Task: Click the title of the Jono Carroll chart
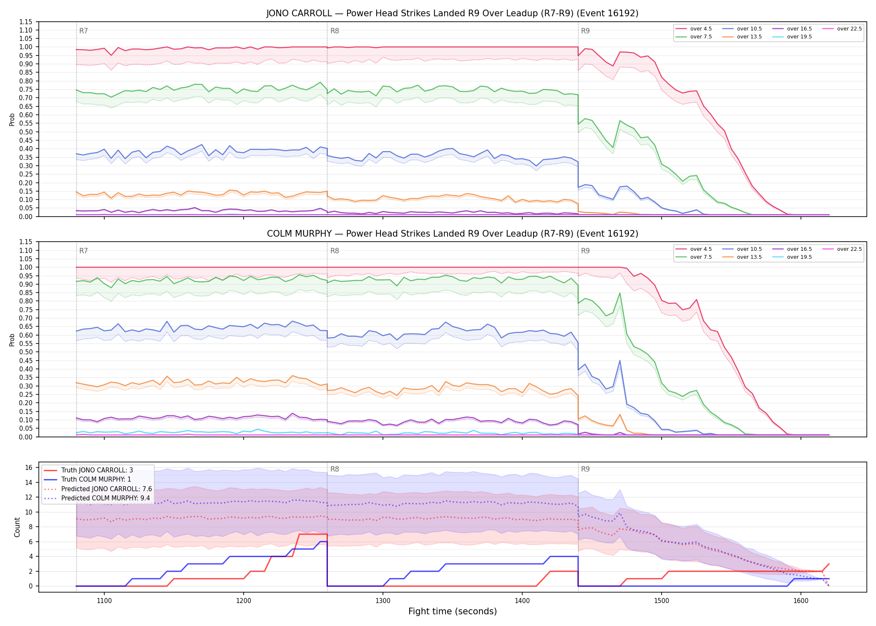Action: tap(453, 13)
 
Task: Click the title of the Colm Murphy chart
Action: tap(453, 234)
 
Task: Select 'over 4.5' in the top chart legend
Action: tap(701, 29)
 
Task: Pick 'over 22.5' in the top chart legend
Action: tap(849, 29)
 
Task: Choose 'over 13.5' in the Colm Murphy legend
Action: tap(749, 257)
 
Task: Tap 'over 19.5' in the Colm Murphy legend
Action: tap(799, 257)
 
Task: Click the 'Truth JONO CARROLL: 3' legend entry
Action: tap(97, 470)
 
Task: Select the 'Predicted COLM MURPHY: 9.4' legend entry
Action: tap(106, 498)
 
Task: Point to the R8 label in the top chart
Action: tap(335, 31)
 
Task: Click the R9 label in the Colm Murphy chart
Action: tap(585, 251)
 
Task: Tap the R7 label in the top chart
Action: tap(83, 31)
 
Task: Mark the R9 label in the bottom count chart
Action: tap(585, 469)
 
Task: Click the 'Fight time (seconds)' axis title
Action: tap(453, 611)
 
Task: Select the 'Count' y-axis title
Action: tap(17, 527)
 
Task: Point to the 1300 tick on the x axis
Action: tap(383, 601)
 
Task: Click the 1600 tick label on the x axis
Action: tap(801, 601)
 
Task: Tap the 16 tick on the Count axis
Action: tap(28, 467)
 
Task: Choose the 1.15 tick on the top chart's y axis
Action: tap(25, 22)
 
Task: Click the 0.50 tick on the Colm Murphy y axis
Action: tap(25, 352)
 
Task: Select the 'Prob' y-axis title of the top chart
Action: tap(12, 119)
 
